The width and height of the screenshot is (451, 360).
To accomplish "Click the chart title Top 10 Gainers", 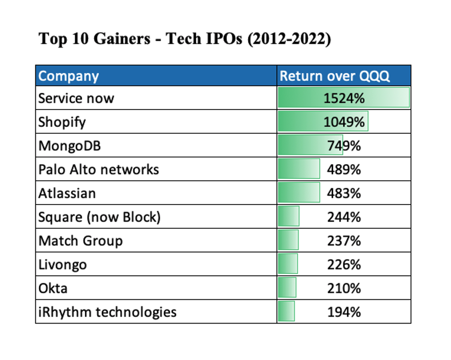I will tap(184, 39).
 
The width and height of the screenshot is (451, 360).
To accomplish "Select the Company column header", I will tap(68, 76).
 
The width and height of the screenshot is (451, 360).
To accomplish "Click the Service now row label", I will tap(76, 98).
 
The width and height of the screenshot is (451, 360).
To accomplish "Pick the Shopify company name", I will tap(62, 122).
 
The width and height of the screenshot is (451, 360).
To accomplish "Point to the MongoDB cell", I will tap(69, 146).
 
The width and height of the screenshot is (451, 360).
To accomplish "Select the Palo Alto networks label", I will tap(98, 170).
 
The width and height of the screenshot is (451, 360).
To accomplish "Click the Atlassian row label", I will tap(67, 193).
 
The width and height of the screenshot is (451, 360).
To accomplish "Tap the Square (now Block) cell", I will tap(99, 217).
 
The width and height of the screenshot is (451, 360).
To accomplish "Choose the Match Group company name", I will tap(80, 241).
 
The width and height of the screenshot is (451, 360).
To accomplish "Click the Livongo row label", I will tap(63, 265).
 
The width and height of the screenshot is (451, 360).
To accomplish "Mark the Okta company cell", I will tap(53, 288).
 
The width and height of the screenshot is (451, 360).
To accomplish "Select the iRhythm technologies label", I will tap(108, 312).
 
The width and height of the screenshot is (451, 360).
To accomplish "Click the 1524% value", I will tap(344, 98).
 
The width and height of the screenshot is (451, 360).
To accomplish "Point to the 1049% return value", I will tap(344, 122).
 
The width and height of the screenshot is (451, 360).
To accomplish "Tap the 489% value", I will tap(344, 170).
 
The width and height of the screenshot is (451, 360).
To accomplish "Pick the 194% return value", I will tap(344, 312).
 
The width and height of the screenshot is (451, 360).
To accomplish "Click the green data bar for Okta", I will tap(287, 288).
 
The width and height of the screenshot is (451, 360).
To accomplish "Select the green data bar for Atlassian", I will tap(298, 193).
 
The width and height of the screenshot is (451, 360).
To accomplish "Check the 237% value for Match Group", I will tap(344, 241).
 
